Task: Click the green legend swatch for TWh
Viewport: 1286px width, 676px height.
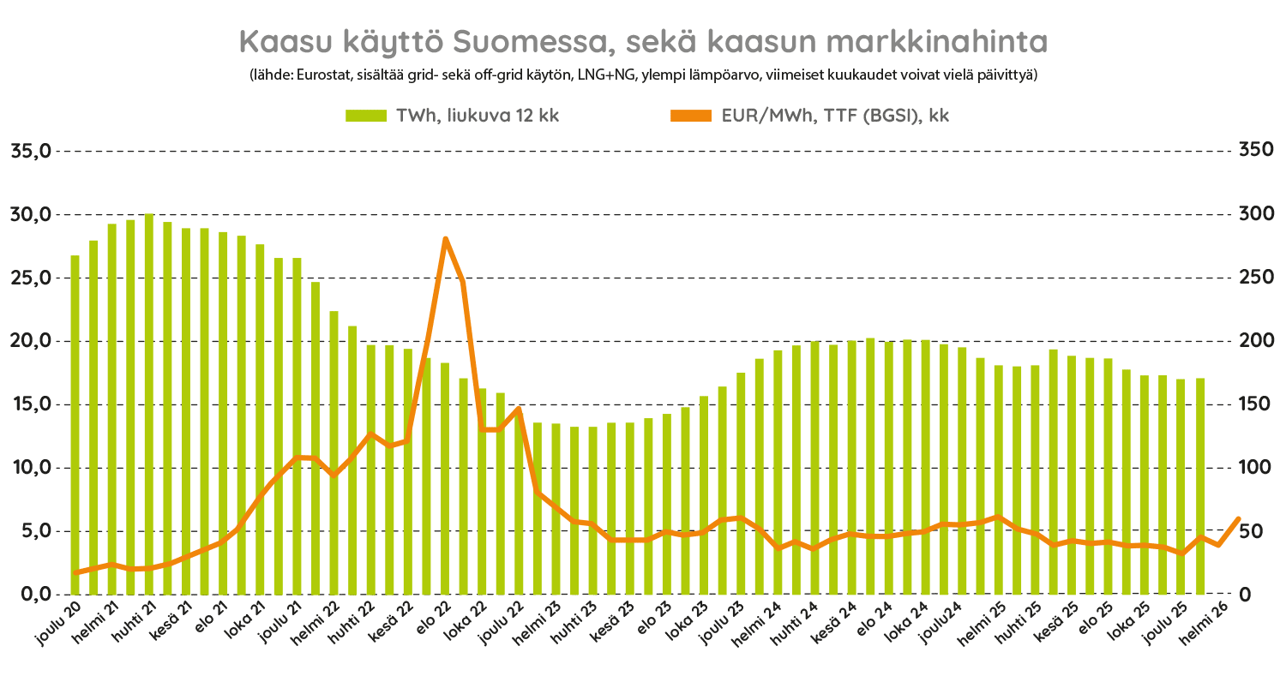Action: point(367,116)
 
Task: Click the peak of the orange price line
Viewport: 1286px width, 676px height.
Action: point(445,239)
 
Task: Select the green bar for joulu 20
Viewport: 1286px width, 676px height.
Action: point(75,424)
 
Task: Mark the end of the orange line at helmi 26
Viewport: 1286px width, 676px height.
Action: point(1238,518)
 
